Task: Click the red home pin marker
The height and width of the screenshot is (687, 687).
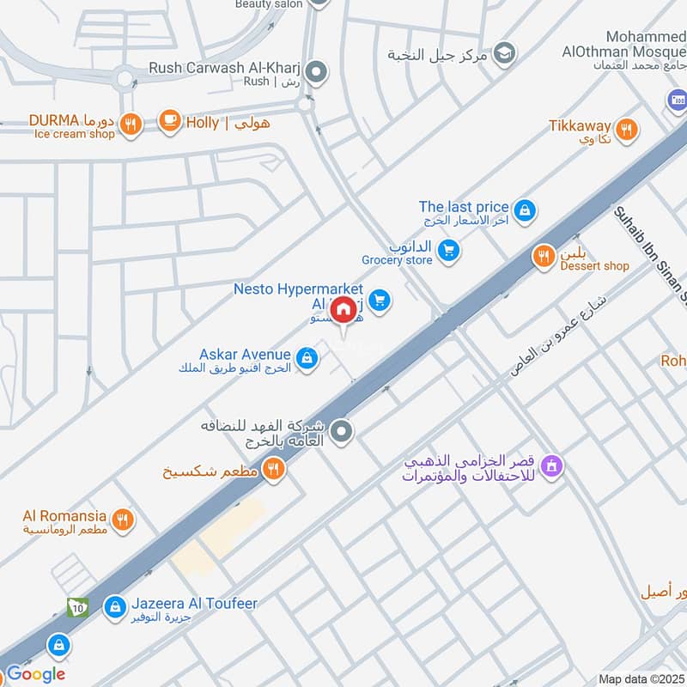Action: pyautogui.click(x=343, y=309)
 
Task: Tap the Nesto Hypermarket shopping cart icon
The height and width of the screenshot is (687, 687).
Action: pyautogui.click(x=380, y=300)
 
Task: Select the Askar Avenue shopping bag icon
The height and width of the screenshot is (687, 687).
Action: pyautogui.click(x=306, y=358)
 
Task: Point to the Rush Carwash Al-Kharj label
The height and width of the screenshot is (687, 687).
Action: pyautogui.click(x=225, y=68)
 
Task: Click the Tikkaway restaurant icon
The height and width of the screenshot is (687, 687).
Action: pyautogui.click(x=628, y=129)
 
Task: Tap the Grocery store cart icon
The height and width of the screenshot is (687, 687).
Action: pyautogui.click(x=447, y=251)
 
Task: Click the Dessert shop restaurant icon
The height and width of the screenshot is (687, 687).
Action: pyautogui.click(x=543, y=255)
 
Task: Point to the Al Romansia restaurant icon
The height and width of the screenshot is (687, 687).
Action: pyautogui.click(x=123, y=520)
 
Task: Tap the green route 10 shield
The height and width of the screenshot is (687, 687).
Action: pyautogui.click(x=77, y=606)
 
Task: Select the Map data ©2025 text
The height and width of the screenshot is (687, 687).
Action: pyautogui.click(x=641, y=678)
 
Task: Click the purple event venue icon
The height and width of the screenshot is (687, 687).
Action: pyautogui.click(x=554, y=466)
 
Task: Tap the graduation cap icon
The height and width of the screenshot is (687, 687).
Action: pyautogui.click(x=506, y=52)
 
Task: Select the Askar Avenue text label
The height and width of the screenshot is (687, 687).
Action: pyautogui.click(x=245, y=354)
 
